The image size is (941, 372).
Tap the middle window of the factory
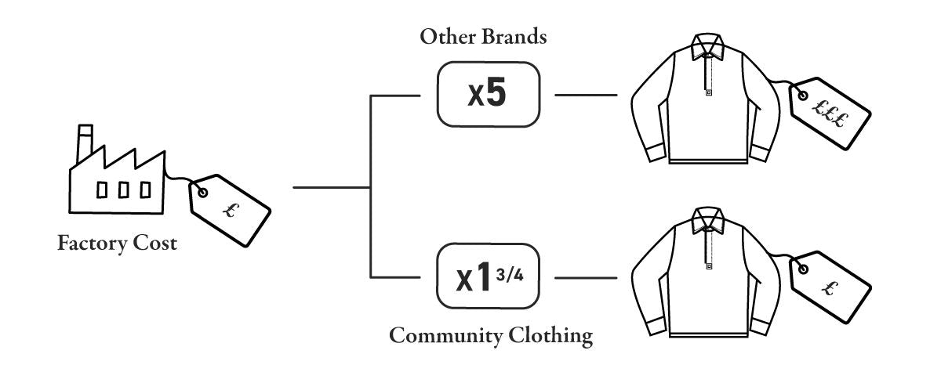click(x=123, y=190)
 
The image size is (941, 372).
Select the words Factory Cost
click(x=117, y=244)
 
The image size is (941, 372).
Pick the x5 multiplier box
click(x=489, y=96)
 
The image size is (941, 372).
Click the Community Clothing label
click(x=490, y=337)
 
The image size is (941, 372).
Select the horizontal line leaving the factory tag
click(x=329, y=188)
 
